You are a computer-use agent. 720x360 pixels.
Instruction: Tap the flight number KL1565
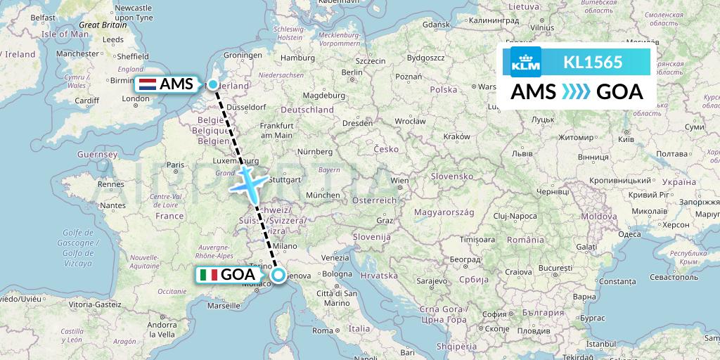593,62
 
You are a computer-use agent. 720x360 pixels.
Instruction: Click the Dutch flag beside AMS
148,84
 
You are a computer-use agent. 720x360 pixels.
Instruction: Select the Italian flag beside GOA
208,275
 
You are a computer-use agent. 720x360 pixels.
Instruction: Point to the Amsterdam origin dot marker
213,84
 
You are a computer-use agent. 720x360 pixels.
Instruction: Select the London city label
136,99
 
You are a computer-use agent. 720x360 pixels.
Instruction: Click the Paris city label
175,165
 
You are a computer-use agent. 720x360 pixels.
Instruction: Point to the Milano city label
285,247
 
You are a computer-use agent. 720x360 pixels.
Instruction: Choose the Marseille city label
224,306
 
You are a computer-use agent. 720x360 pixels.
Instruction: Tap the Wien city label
399,181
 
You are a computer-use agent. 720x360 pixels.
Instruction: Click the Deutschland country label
307,110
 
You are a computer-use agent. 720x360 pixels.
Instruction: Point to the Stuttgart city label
285,179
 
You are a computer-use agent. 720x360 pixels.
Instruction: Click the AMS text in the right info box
534,92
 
